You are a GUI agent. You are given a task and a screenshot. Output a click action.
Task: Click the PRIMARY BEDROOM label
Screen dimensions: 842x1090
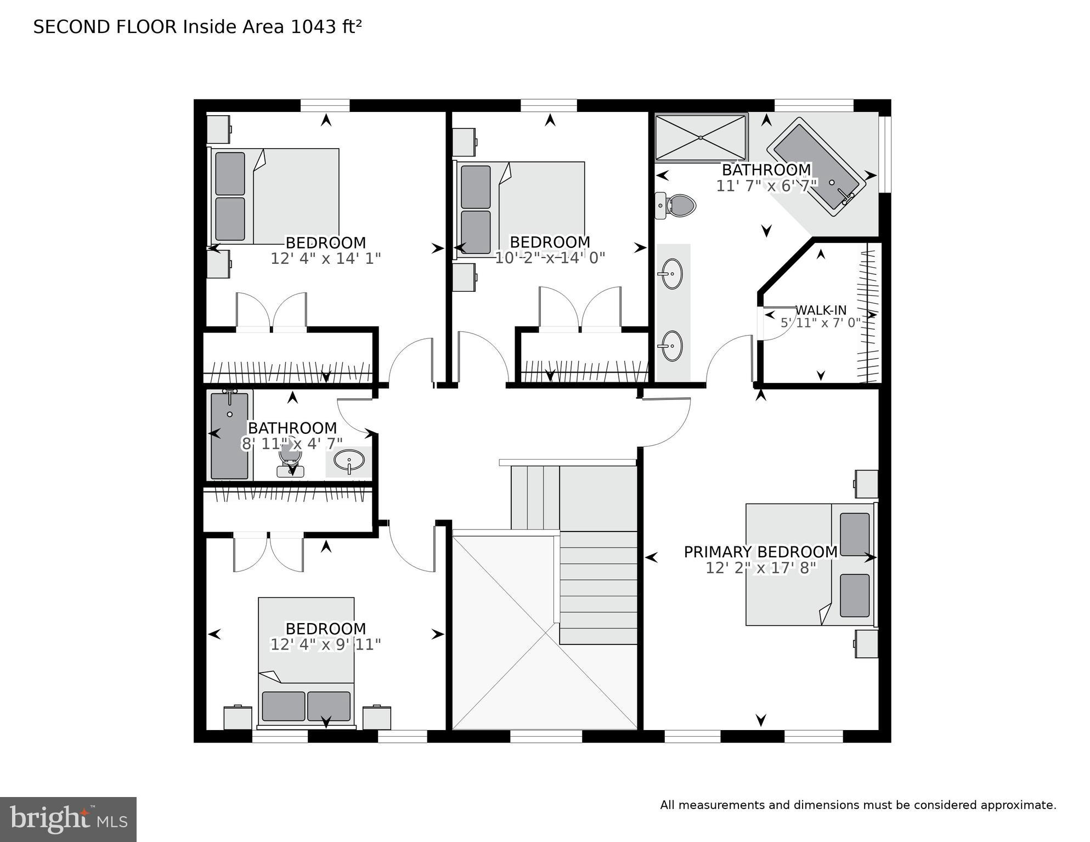click(x=760, y=552)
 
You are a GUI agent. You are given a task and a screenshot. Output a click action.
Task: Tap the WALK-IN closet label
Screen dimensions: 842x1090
click(x=821, y=310)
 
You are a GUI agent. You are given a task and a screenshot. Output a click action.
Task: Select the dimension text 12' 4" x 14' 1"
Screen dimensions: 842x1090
click(x=325, y=258)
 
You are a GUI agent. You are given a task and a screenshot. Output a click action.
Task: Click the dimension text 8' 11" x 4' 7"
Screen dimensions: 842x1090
click(x=292, y=444)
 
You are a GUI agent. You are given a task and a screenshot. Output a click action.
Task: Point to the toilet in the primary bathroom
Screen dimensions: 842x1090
click(x=678, y=206)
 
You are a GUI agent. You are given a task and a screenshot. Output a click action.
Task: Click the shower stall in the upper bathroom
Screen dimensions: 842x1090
click(x=701, y=137)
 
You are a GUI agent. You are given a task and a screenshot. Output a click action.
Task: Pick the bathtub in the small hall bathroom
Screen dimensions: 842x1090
click(x=229, y=436)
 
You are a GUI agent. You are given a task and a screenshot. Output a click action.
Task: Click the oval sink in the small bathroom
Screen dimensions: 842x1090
click(x=349, y=460)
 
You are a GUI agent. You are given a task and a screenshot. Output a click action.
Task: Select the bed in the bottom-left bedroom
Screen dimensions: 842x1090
click(x=306, y=661)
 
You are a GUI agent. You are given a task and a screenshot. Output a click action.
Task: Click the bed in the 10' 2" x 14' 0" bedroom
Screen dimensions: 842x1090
click(x=518, y=209)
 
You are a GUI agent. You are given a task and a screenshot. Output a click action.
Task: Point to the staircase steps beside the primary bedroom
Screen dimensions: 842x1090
click(x=598, y=587)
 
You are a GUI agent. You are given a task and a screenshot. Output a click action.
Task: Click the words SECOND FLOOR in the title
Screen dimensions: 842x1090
click(x=105, y=27)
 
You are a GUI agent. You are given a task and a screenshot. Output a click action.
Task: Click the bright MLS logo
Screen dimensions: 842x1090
click(x=68, y=820)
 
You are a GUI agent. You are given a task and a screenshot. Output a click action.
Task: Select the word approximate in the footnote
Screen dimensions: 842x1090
click(x=1018, y=805)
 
